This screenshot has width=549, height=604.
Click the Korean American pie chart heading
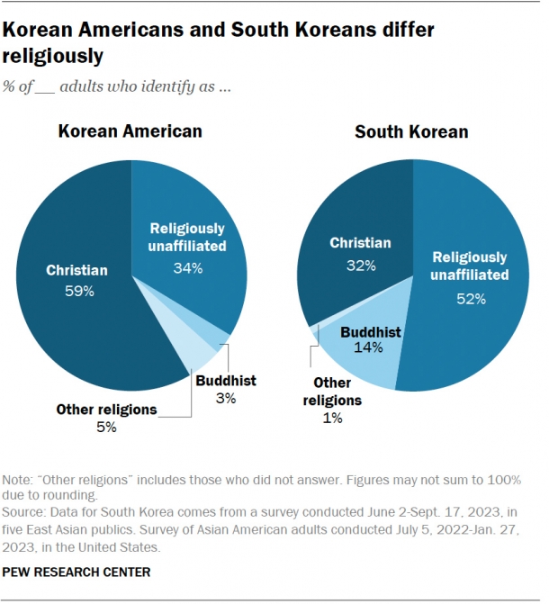130,131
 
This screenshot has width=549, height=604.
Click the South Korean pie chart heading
411,131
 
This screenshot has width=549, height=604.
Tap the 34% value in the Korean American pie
187,267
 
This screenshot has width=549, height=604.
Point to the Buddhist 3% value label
225,398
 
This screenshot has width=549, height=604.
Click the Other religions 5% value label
106,427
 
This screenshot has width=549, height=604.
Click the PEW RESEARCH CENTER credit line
76,572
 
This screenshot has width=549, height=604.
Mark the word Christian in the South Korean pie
359,243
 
